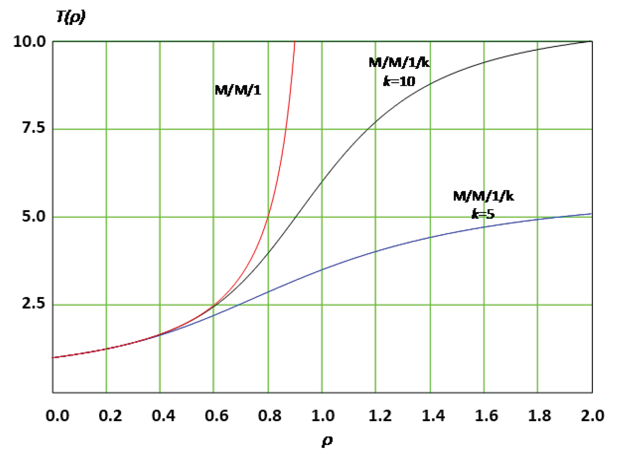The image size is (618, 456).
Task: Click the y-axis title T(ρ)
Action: click(x=71, y=18)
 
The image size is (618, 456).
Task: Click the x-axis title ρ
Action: click(x=327, y=441)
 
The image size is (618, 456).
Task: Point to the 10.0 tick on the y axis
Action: click(x=29, y=42)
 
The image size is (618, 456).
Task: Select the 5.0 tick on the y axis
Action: click(x=34, y=216)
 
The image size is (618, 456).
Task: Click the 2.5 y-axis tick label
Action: click(x=34, y=304)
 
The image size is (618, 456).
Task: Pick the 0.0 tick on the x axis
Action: click(x=58, y=416)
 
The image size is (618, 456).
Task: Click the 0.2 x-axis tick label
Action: click(x=111, y=416)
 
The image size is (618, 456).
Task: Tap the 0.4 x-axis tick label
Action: click(x=164, y=416)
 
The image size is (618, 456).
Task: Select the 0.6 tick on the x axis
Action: click(x=217, y=416)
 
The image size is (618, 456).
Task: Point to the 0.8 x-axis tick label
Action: click(x=270, y=416)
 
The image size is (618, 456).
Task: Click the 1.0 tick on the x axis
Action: click(x=323, y=416)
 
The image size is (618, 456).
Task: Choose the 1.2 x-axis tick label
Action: click(x=380, y=416)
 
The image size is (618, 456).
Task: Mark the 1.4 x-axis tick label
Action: click(x=433, y=416)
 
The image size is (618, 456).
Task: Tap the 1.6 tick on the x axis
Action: click(x=486, y=416)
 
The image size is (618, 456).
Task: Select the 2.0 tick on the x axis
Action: click(x=592, y=416)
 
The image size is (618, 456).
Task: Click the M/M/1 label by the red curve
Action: click(x=238, y=90)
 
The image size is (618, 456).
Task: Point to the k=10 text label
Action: click(x=399, y=81)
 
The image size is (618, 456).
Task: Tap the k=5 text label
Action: click(x=483, y=214)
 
